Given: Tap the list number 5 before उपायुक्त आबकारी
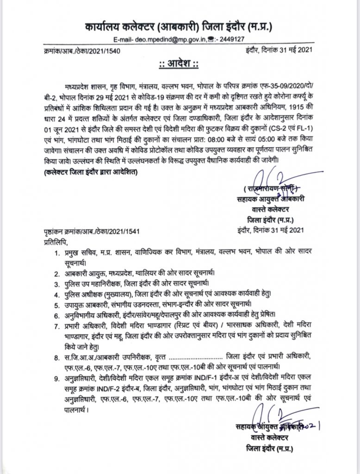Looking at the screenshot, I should pos(56,304).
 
